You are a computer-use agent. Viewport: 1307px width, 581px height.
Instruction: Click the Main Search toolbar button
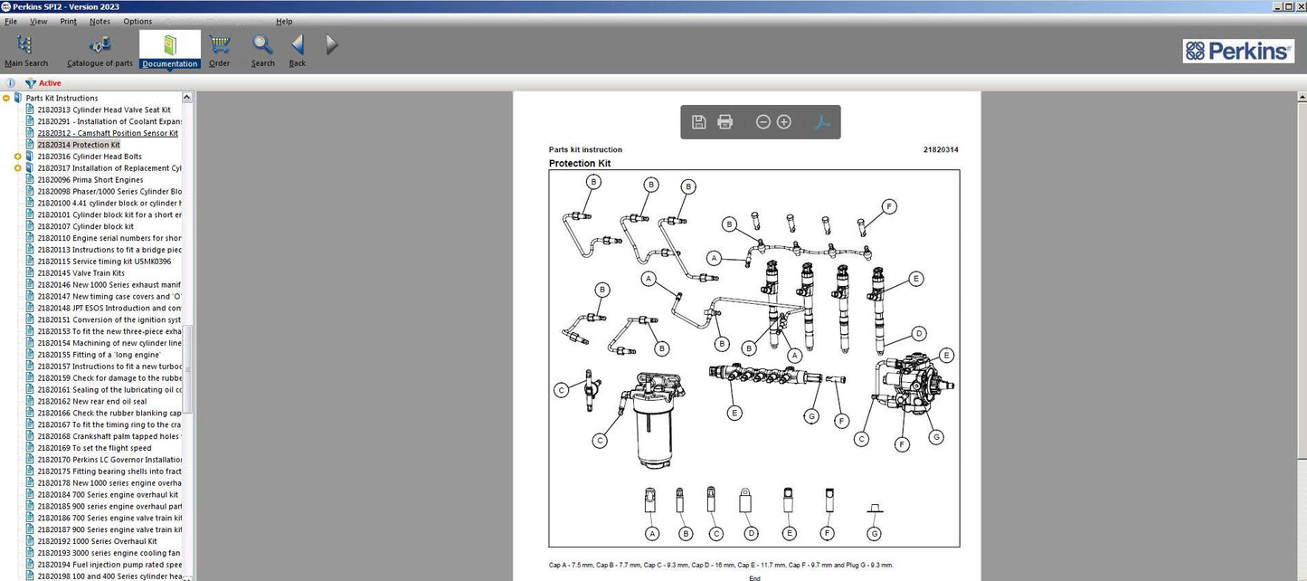[x=25, y=51]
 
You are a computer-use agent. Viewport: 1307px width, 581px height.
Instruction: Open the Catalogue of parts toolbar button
[x=99, y=51]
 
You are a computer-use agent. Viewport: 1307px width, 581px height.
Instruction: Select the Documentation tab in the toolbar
[x=170, y=51]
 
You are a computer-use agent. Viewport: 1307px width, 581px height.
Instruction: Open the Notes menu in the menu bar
[x=99, y=21]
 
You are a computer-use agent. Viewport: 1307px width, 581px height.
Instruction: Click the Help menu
[x=284, y=21]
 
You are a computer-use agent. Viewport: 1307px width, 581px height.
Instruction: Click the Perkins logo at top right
[x=1237, y=51]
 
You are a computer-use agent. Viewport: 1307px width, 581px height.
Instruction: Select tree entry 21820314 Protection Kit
[x=78, y=145]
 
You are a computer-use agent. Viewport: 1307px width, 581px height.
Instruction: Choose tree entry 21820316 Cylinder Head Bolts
[x=89, y=157]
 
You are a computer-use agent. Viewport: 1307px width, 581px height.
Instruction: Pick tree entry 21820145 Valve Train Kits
[x=81, y=273]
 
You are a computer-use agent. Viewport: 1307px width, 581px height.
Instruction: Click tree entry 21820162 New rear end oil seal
[x=91, y=402]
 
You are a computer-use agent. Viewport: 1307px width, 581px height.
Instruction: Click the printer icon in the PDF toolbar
[x=725, y=122]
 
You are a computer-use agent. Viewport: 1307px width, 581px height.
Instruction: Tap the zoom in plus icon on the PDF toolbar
[x=784, y=122]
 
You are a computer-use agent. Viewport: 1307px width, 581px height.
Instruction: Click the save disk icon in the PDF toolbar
[x=698, y=122]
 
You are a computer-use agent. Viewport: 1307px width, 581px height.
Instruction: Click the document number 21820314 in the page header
[x=941, y=150]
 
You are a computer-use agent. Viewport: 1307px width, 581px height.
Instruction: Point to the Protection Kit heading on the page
[x=579, y=164]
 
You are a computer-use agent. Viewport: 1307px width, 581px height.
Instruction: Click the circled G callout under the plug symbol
[x=874, y=534]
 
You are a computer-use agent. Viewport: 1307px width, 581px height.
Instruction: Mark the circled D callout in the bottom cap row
[x=751, y=534]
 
